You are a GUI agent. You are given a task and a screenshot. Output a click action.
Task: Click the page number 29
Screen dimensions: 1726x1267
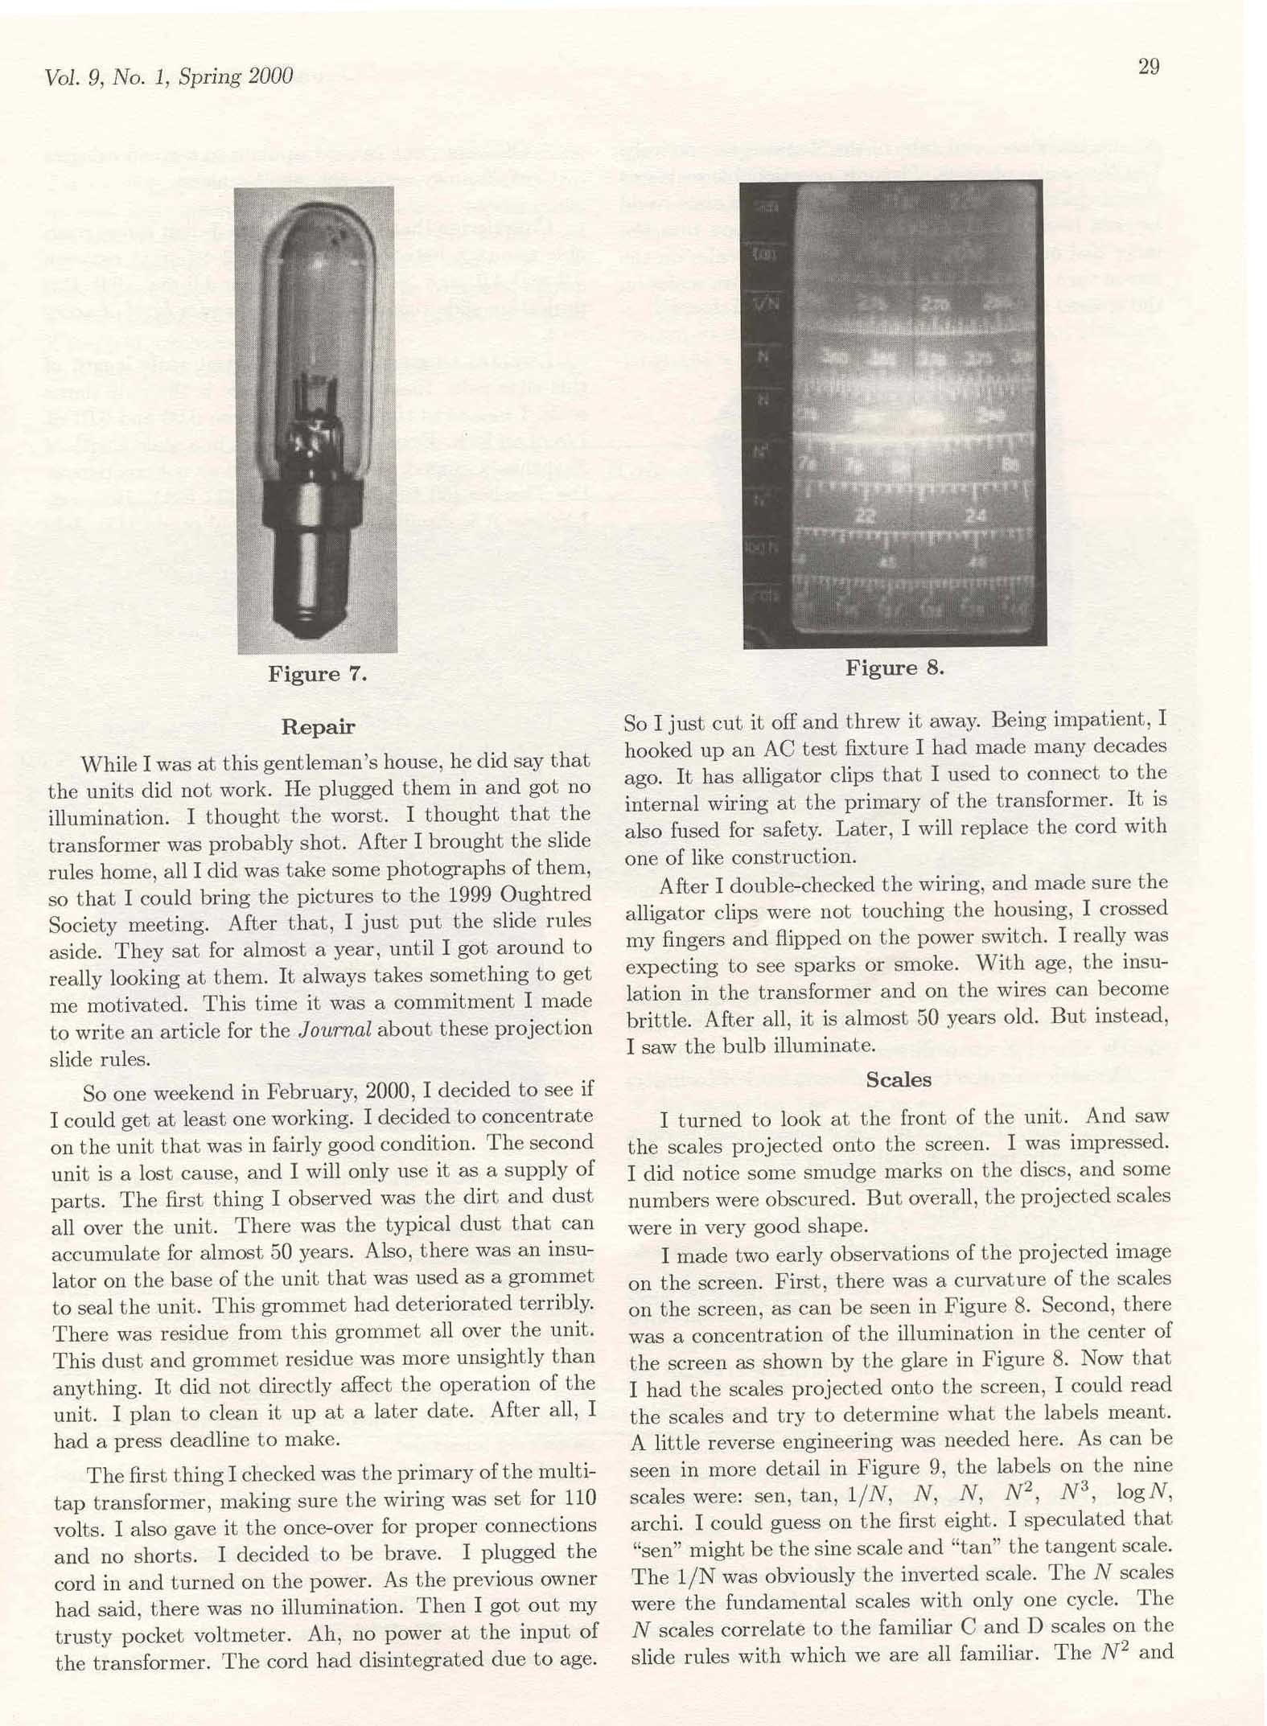click(x=1148, y=67)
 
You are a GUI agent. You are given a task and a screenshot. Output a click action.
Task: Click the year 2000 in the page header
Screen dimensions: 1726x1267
click(x=270, y=76)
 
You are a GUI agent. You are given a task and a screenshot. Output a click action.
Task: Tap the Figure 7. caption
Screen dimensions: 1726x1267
click(x=318, y=674)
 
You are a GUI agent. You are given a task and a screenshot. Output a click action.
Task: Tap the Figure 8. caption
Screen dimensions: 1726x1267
click(x=894, y=668)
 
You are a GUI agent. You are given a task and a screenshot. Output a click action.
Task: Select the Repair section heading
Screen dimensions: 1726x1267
click(x=318, y=727)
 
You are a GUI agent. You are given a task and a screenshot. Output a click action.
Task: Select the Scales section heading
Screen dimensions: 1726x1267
click(x=898, y=1080)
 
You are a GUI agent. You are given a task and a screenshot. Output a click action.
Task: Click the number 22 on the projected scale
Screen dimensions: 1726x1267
click(x=866, y=516)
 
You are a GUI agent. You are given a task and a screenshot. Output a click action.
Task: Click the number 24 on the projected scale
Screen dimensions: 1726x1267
click(x=976, y=515)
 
